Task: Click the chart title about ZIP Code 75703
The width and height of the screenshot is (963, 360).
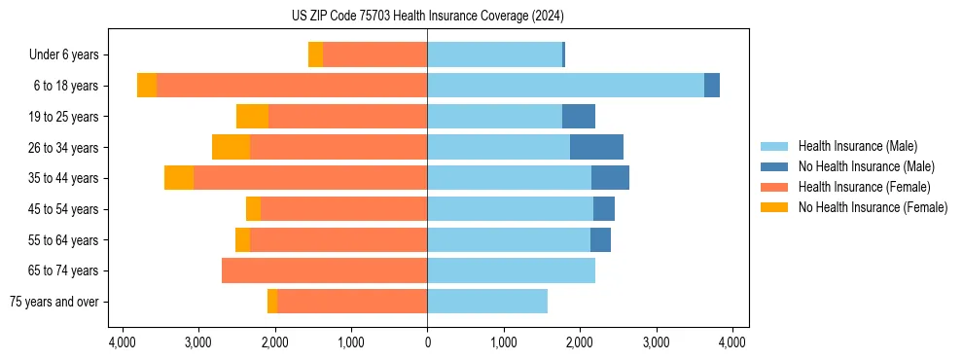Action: [427, 17]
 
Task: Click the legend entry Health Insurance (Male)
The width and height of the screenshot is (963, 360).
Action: [857, 146]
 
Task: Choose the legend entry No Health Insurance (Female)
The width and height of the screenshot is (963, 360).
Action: [873, 207]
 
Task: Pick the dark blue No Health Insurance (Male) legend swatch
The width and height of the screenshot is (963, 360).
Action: [774, 166]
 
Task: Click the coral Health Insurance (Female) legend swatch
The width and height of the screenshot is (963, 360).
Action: [774, 187]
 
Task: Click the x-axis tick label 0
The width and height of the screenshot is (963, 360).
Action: [427, 342]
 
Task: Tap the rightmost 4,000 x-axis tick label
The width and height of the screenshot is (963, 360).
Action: [732, 342]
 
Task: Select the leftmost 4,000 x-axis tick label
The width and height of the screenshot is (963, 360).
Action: [122, 342]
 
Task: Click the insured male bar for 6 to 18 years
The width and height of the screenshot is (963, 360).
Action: [565, 86]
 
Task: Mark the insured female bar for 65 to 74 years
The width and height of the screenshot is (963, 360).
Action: [324, 270]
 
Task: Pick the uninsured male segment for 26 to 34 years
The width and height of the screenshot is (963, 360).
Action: [596, 147]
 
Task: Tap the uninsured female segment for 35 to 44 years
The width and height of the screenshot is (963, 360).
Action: [179, 178]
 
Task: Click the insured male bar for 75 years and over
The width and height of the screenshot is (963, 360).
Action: [487, 302]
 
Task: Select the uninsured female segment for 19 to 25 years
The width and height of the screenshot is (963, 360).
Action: [252, 117]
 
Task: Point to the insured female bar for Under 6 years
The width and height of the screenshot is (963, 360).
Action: [374, 55]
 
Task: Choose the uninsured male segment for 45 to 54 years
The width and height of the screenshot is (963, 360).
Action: [604, 209]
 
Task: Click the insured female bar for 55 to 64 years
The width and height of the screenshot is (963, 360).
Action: [339, 240]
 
